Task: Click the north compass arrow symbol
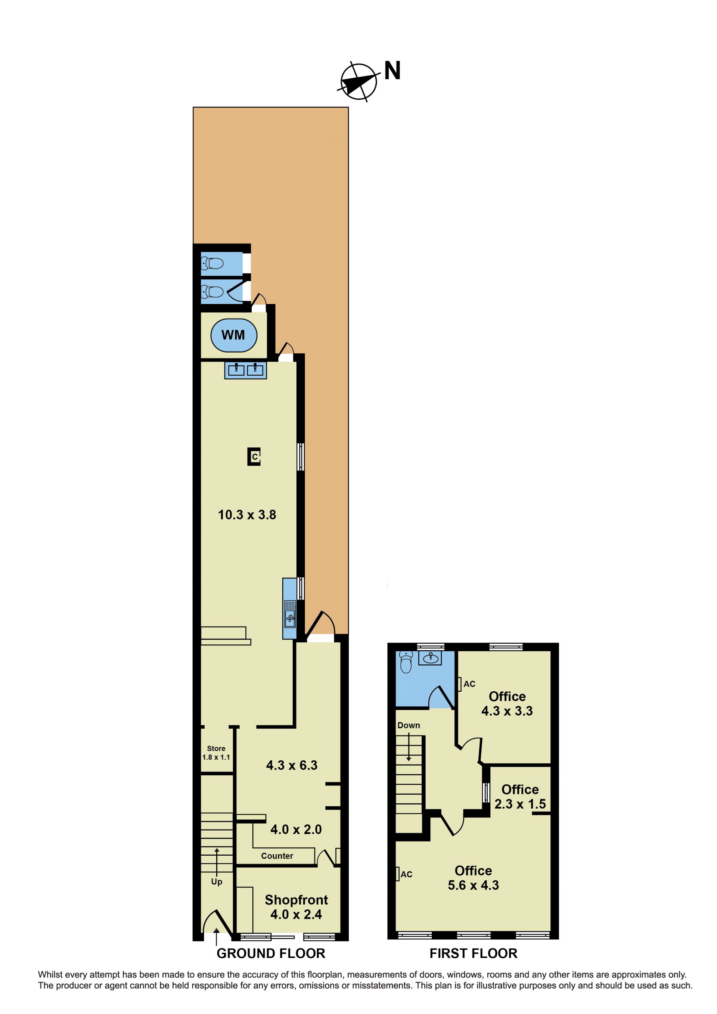point(358,82)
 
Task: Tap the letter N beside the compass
point(392,71)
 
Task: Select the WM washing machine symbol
point(233,335)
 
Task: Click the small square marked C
point(254,457)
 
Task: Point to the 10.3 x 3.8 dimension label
point(247,515)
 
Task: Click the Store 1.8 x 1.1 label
point(216,753)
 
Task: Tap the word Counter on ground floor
point(277,856)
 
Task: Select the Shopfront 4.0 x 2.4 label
point(296,907)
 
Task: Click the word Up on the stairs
point(216,881)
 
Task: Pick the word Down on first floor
point(409,725)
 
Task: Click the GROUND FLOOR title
point(271,953)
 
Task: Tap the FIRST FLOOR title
point(473,953)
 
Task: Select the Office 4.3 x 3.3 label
point(507,704)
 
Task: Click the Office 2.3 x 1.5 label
point(520,797)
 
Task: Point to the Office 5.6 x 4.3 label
point(473,878)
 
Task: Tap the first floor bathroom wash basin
point(430,658)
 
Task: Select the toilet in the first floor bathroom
point(405,661)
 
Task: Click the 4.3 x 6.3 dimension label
point(291,765)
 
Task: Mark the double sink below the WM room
point(245,370)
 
